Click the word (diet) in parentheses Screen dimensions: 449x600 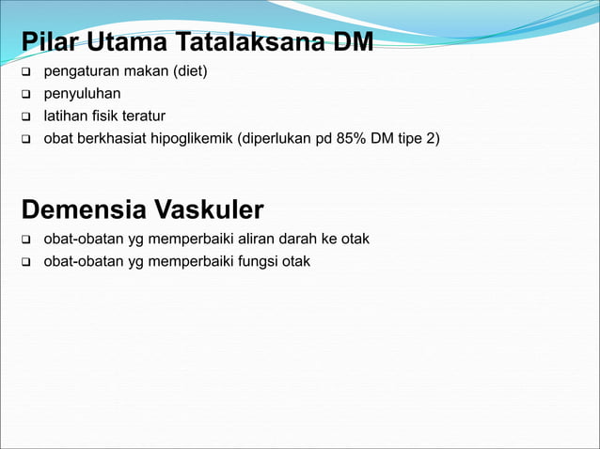click(x=187, y=72)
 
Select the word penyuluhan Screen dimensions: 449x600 click(x=82, y=94)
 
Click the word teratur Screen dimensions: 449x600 click(x=140, y=116)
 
